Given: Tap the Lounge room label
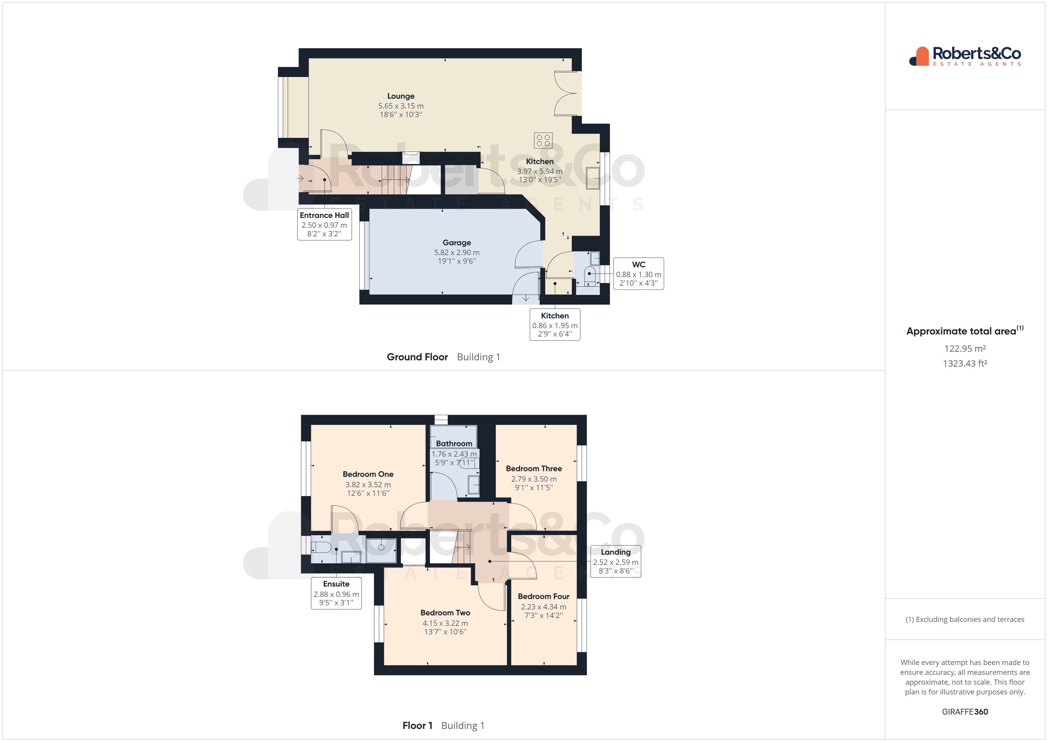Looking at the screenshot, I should (401, 96).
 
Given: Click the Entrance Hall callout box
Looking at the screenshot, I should (324, 224).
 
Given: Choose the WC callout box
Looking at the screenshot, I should (638, 274).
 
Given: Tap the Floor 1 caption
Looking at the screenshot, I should (417, 726).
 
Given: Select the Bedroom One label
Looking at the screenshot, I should (368, 474).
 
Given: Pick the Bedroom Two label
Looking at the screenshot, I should (445, 613).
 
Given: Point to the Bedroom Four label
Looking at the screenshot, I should (543, 597).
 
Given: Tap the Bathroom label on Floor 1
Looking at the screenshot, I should (454, 444).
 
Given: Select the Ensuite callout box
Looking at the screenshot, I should (336, 593).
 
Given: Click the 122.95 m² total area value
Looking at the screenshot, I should (965, 349).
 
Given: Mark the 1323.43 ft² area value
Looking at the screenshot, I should (965, 364).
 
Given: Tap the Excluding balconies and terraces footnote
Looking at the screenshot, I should (965, 620).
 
